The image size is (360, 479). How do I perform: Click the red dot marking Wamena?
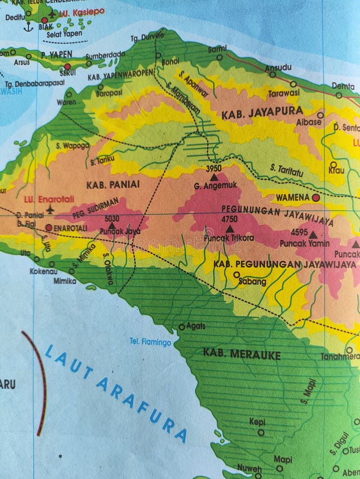[316, 197]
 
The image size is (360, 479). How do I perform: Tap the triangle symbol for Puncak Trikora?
[230, 229]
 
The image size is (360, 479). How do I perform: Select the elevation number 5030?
[112, 218]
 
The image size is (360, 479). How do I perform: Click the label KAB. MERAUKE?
[242, 354]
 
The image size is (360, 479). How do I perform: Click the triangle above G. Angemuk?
[214, 177]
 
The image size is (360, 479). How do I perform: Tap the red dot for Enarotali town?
[49, 228]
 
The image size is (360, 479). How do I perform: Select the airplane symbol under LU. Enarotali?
[50, 209]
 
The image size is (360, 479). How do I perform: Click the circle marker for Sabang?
[236, 275]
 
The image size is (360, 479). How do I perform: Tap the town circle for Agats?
[182, 327]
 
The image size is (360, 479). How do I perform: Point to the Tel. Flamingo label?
[151, 342]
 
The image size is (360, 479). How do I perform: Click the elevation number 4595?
[299, 232]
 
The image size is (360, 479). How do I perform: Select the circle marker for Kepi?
[261, 432]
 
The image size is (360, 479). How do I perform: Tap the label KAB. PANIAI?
[112, 184]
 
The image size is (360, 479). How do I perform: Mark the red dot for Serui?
[67, 67]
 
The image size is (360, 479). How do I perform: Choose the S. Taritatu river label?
[287, 170]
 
